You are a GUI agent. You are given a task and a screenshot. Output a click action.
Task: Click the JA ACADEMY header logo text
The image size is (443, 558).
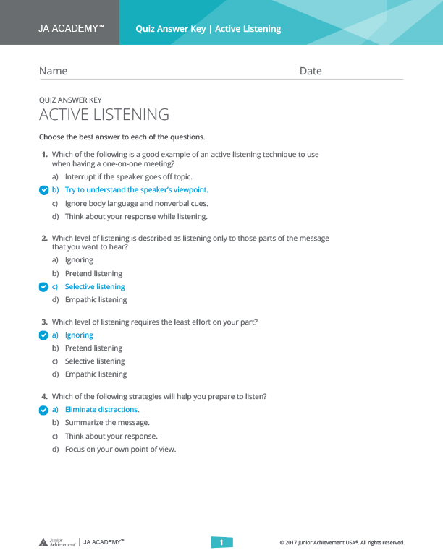(x=71, y=29)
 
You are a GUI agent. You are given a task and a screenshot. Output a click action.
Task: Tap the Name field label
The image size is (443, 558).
(x=53, y=71)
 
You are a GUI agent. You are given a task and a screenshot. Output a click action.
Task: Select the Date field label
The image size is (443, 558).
(x=311, y=71)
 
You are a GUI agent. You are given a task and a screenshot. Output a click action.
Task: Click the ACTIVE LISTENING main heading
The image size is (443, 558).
(x=104, y=115)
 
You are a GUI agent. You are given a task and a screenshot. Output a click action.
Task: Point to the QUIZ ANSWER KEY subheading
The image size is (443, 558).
(x=70, y=100)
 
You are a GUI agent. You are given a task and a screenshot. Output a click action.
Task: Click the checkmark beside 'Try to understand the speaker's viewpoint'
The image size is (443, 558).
(x=43, y=190)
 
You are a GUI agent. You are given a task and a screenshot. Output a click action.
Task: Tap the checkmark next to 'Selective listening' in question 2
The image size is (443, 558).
(x=43, y=287)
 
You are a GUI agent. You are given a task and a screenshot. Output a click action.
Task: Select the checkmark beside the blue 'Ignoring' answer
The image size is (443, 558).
(x=43, y=335)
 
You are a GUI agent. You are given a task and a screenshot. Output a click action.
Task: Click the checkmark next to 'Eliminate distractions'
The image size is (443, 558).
(x=43, y=410)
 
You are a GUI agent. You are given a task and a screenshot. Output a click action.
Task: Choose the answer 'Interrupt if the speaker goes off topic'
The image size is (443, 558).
(x=128, y=176)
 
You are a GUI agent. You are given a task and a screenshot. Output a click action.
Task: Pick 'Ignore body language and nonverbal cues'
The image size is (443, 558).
(x=136, y=203)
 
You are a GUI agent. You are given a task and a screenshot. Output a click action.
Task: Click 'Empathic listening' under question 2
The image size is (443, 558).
(x=96, y=300)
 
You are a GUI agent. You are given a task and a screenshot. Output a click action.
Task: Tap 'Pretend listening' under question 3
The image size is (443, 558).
(x=93, y=348)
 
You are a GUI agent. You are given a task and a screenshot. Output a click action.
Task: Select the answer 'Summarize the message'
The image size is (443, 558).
(x=107, y=423)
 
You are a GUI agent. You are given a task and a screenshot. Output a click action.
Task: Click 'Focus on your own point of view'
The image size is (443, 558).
(x=120, y=450)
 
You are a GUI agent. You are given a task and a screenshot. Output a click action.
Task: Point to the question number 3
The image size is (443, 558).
(x=44, y=322)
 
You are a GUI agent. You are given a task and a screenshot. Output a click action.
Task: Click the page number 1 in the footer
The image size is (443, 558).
(x=221, y=542)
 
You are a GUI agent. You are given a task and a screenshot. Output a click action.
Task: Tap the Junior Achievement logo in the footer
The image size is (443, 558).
(x=57, y=542)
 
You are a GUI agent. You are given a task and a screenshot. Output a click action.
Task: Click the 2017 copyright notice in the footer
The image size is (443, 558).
(x=342, y=542)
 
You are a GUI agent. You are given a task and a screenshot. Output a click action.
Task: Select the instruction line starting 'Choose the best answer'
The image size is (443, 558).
(x=122, y=137)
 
